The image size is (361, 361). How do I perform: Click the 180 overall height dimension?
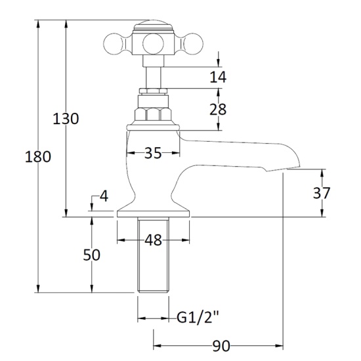tap(37, 158)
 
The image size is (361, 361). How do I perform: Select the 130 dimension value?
tap(66, 119)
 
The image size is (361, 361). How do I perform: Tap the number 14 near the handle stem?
tap(218, 77)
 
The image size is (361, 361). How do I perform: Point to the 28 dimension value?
tap(218, 109)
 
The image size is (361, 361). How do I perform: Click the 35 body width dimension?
tap(153, 153)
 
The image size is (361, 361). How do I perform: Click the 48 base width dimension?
tap(153, 240)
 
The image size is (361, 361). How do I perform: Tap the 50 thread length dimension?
tap(92, 255)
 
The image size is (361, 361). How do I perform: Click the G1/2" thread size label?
tap(198, 319)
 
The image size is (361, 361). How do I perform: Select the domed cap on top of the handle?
tap(152, 26)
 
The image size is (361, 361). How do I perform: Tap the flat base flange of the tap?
tap(153, 213)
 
